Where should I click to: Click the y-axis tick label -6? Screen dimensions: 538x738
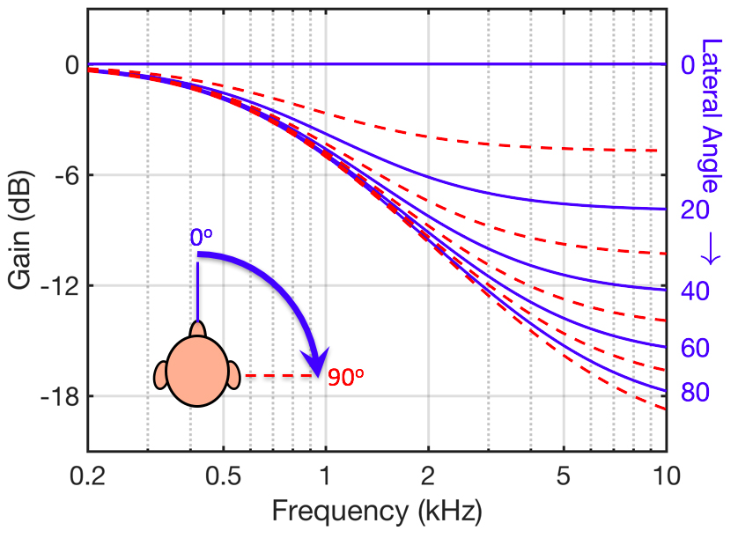(x=63, y=175)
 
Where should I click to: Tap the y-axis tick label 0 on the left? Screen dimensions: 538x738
(x=70, y=65)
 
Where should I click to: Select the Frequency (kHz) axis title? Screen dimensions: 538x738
(x=377, y=511)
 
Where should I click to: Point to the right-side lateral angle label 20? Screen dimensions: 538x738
(x=696, y=210)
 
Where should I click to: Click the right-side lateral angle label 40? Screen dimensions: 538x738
(x=696, y=293)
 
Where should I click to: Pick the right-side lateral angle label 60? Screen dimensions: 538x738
(x=696, y=348)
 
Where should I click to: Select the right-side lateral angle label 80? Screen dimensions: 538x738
(x=696, y=392)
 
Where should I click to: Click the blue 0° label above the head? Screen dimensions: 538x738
(x=201, y=238)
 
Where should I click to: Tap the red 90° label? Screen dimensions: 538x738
(x=346, y=378)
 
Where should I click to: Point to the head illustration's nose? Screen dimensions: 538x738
(x=197, y=328)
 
